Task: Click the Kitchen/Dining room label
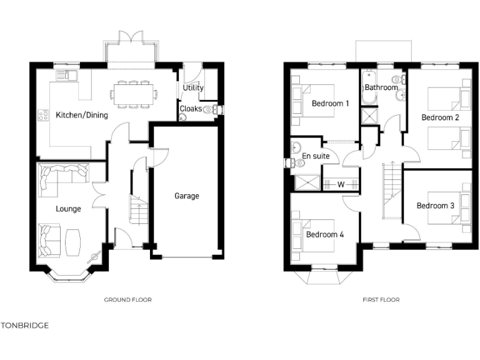[82, 115]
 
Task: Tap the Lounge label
[68, 209]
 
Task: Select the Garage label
[186, 196]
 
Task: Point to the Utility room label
[193, 88]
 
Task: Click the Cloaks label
[191, 109]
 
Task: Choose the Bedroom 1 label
[330, 104]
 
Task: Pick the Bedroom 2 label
[440, 117]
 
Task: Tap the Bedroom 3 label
[436, 206]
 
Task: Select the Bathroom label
[381, 87]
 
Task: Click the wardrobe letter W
[341, 184]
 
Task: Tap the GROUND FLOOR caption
[127, 300]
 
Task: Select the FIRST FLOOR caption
[381, 300]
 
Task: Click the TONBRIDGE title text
[24, 326]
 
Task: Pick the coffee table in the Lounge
[73, 241]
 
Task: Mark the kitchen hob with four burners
[44, 115]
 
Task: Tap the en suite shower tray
[306, 182]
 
